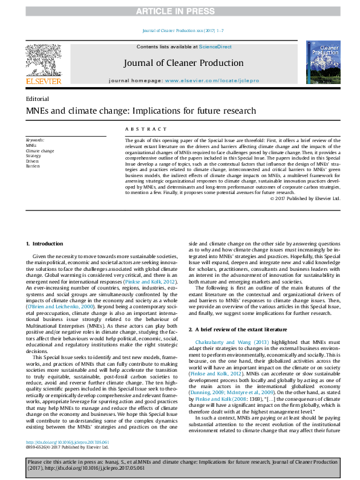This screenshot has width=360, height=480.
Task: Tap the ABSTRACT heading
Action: tap(146, 128)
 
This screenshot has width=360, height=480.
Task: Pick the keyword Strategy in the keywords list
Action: tap(34, 155)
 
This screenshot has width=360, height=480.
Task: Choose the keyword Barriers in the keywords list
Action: tap(34, 166)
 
